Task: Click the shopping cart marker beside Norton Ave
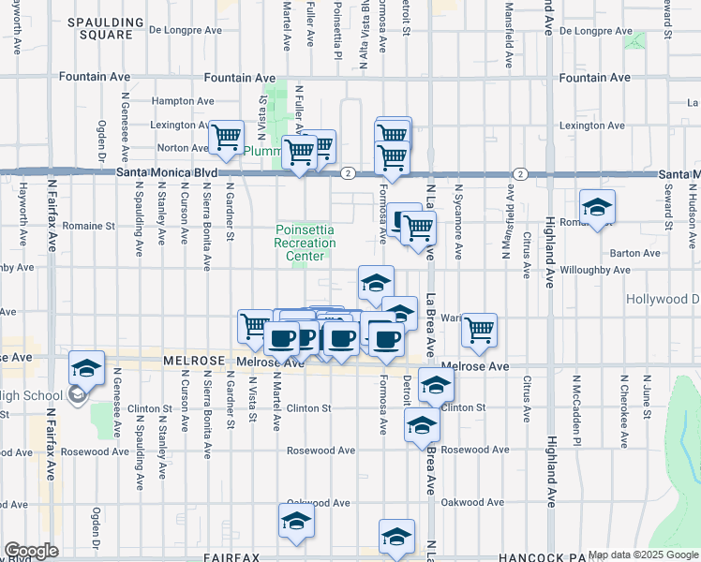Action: (227, 140)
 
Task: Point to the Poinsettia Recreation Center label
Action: (305, 243)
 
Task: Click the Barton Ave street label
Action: (634, 253)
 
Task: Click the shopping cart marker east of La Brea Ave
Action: (479, 330)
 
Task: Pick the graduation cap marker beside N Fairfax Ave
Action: (86, 371)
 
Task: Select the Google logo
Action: (31, 551)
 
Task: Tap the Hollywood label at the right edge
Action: (662, 299)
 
